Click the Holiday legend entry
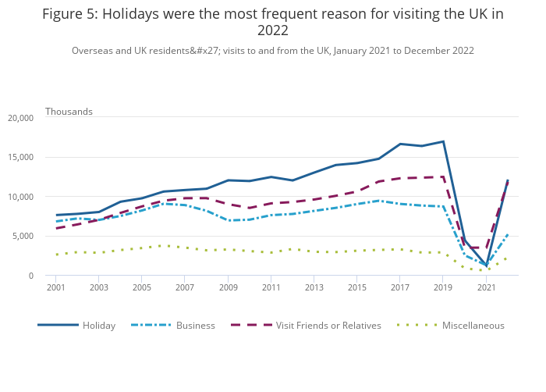pos(99,326)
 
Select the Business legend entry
pos(195,326)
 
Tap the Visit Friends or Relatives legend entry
pos(328,326)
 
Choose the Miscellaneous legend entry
pos(473,326)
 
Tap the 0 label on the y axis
pos(30,276)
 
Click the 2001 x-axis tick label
pos(55,288)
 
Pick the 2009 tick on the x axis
pos(228,288)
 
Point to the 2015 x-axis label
pos(357,288)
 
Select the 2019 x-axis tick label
pos(443,288)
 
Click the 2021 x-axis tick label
pos(487,288)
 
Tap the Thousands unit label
pos(69,112)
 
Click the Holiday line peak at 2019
pos(443,141)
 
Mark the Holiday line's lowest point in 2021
pos(487,265)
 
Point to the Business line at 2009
pos(228,220)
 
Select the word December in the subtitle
pos(422,51)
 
